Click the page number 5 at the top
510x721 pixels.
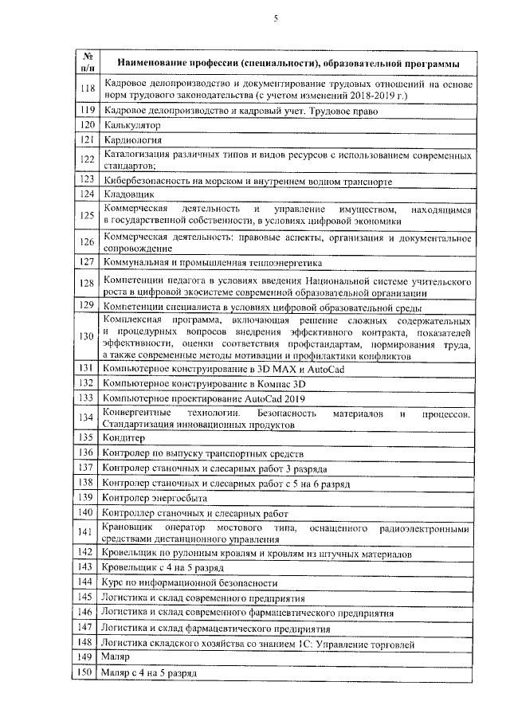pyautogui.click(x=275, y=18)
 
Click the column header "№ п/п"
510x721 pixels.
pyautogui.click(x=88, y=63)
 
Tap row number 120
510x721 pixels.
pyautogui.click(x=88, y=125)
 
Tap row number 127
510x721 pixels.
pyautogui.click(x=88, y=261)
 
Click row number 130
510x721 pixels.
pyautogui.click(x=88, y=336)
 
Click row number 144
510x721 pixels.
pyautogui.click(x=88, y=583)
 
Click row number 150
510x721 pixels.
pyautogui.click(x=88, y=672)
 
